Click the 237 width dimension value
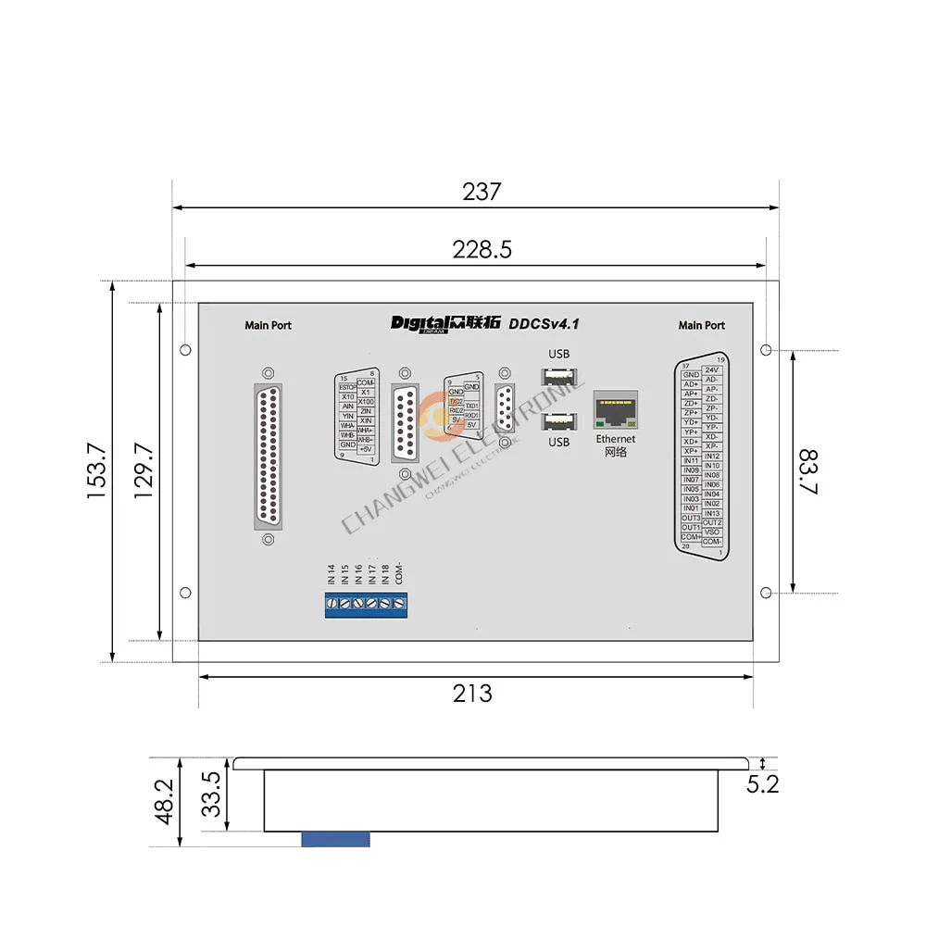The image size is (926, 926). [x=482, y=192]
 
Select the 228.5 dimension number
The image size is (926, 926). [x=482, y=250]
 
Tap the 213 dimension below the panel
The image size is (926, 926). [x=472, y=693]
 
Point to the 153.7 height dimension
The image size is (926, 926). [x=98, y=471]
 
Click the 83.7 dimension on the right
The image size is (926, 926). [x=807, y=472]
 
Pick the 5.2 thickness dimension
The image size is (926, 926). [x=762, y=784]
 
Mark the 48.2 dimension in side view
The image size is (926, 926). [x=165, y=800]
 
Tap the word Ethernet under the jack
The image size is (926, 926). [x=616, y=439]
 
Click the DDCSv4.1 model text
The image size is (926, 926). [x=544, y=323]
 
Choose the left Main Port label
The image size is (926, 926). [x=268, y=325]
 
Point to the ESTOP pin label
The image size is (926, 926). [x=347, y=387]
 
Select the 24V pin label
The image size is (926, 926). [x=712, y=369]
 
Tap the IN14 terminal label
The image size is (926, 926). [x=331, y=574]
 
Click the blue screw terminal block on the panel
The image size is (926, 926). [x=366, y=605]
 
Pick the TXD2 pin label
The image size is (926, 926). [x=456, y=401]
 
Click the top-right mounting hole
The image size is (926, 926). [x=766, y=350]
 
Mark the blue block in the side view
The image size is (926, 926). [x=335, y=839]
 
